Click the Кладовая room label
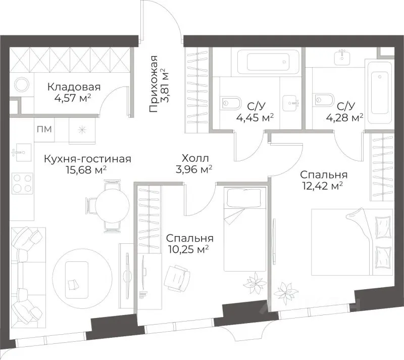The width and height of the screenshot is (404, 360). click(74, 87)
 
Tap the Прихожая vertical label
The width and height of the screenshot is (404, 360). click(154, 83)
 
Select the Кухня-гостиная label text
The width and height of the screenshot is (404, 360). click(87, 159)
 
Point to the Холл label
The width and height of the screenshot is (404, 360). click(195, 158)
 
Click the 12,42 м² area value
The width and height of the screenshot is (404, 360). click(322, 186)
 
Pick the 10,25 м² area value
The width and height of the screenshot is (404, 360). click(188, 249)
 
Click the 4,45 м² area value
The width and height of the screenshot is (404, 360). click(255, 118)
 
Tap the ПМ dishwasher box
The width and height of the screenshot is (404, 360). click(44, 129)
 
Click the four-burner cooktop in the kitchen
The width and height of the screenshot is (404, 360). click(23, 184)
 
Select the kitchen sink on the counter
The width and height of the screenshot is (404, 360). click(22, 152)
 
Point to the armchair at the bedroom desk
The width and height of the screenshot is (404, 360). click(177, 279)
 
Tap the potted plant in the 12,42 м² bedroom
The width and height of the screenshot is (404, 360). click(285, 293)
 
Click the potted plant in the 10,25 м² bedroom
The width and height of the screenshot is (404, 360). click(255, 284)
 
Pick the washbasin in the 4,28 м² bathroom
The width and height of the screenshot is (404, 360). click(342, 56)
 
